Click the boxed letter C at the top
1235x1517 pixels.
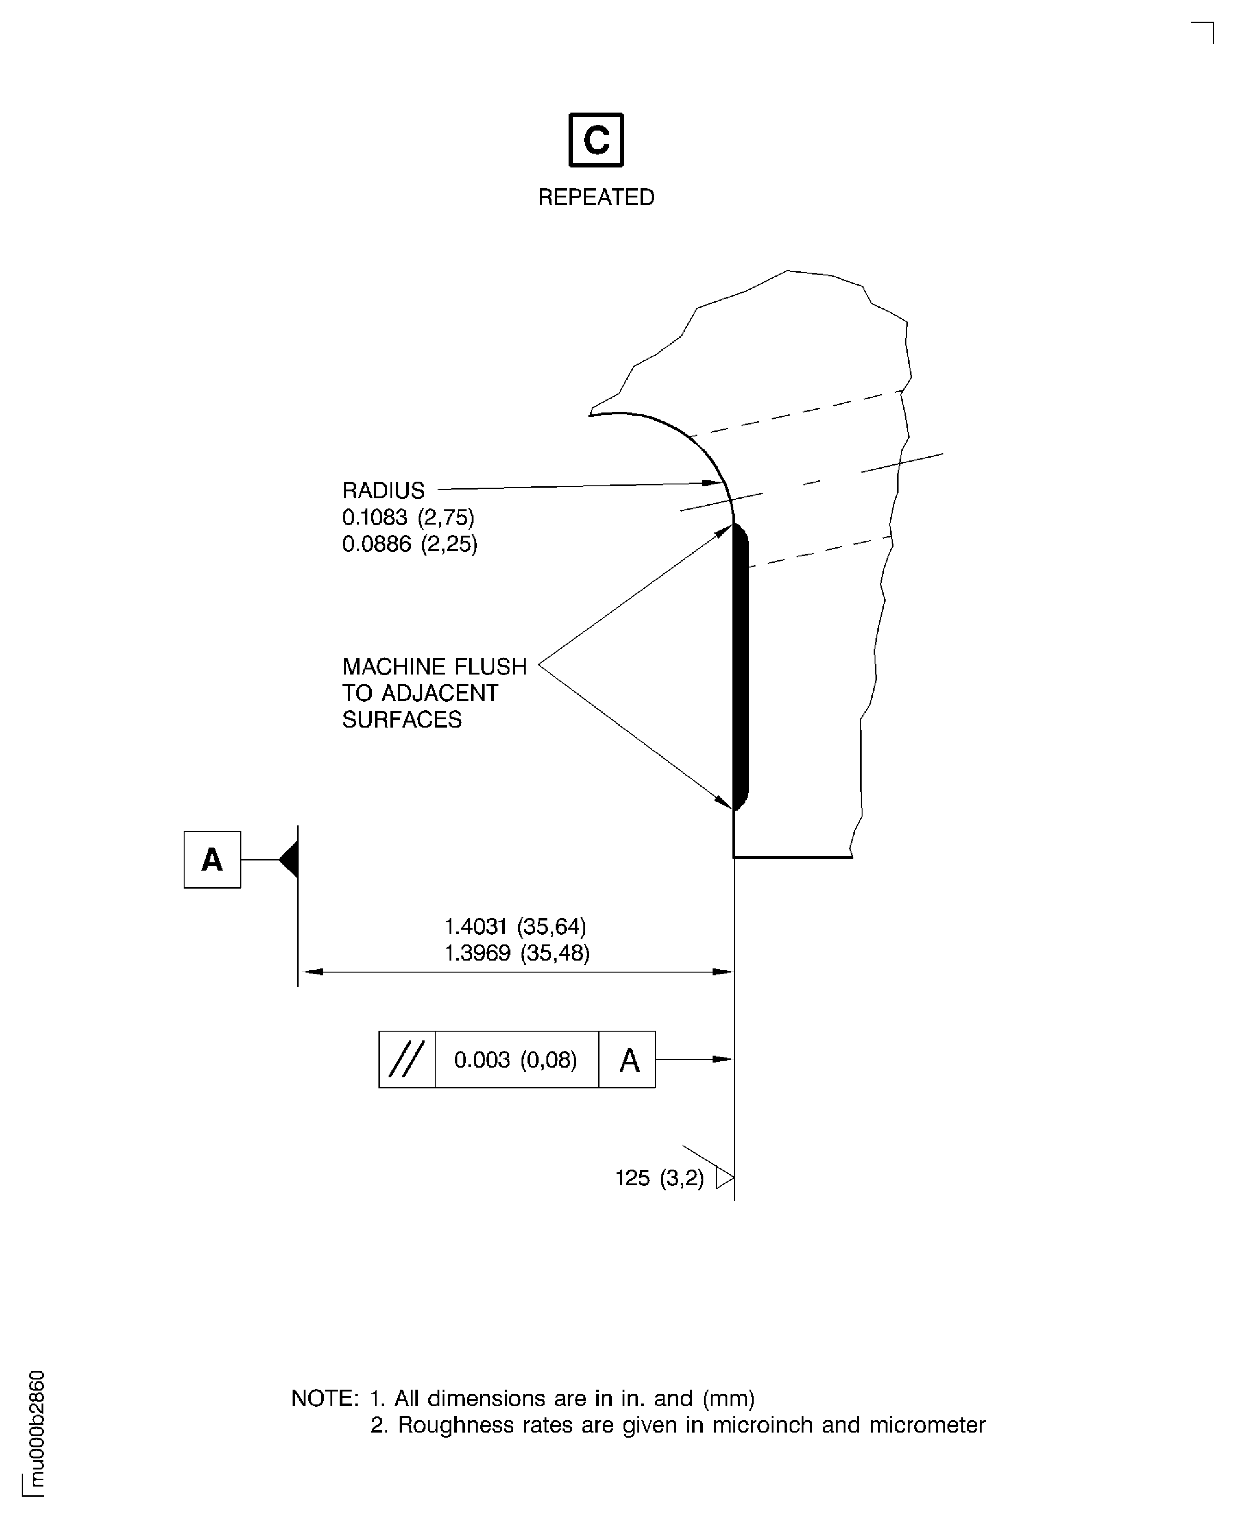(596, 140)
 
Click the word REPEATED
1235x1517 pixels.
(596, 197)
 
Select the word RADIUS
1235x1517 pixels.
(384, 491)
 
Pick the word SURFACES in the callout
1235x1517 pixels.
(402, 720)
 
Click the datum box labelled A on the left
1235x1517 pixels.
(212, 860)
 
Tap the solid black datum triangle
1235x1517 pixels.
(289, 860)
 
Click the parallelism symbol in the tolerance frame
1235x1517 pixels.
(407, 1060)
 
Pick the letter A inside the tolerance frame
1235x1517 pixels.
(629, 1060)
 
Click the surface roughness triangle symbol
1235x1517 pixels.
(724, 1178)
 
